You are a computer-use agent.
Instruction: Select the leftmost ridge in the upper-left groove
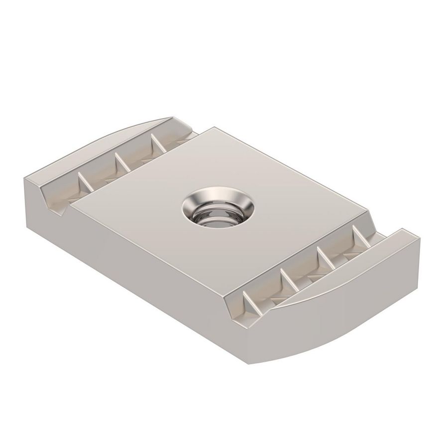82,181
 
